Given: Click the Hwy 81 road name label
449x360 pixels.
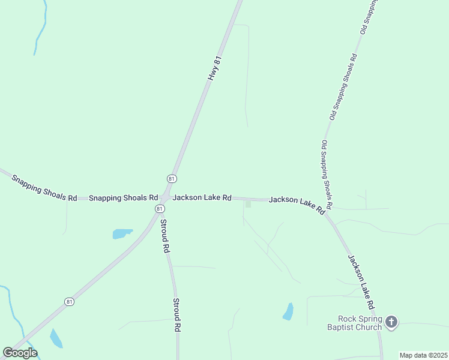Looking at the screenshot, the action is pyautogui.click(x=215, y=68).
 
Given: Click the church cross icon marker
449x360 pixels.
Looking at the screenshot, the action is pyautogui.click(x=391, y=322).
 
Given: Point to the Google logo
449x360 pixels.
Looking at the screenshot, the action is pyautogui.click(x=20, y=352).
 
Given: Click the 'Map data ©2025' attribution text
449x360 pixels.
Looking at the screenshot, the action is pyautogui.click(x=423, y=355).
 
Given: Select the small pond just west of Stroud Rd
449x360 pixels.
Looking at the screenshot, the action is pyautogui.click(x=122, y=233).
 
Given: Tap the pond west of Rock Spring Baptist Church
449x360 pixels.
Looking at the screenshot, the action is pyautogui.click(x=289, y=311).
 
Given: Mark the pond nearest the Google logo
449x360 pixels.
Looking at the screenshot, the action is pyautogui.click(x=56, y=338).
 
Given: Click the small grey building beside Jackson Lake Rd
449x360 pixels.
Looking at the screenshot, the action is pyautogui.click(x=248, y=205).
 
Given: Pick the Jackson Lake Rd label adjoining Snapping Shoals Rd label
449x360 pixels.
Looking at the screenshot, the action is pyautogui.click(x=202, y=197).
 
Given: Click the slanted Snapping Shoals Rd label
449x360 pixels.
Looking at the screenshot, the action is pyautogui.click(x=44, y=188).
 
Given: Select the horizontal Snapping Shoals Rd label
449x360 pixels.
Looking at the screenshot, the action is pyautogui.click(x=123, y=197).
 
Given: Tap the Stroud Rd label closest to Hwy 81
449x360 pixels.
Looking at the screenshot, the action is pyautogui.click(x=164, y=236).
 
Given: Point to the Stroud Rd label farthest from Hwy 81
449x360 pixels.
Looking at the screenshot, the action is pyautogui.click(x=177, y=316).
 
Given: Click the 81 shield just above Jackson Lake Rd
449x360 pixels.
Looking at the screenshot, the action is pyautogui.click(x=172, y=179).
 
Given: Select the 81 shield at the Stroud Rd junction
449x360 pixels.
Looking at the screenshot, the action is pyautogui.click(x=158, y=208).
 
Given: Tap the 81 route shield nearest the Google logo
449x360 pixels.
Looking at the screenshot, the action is pyautogui.click(x=70, y=301).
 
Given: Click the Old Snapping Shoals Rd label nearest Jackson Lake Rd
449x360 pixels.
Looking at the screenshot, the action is pyautogui.click(x=328, y=171).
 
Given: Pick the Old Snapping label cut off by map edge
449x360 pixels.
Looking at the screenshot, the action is pyautogui.click(x=369, y=16).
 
